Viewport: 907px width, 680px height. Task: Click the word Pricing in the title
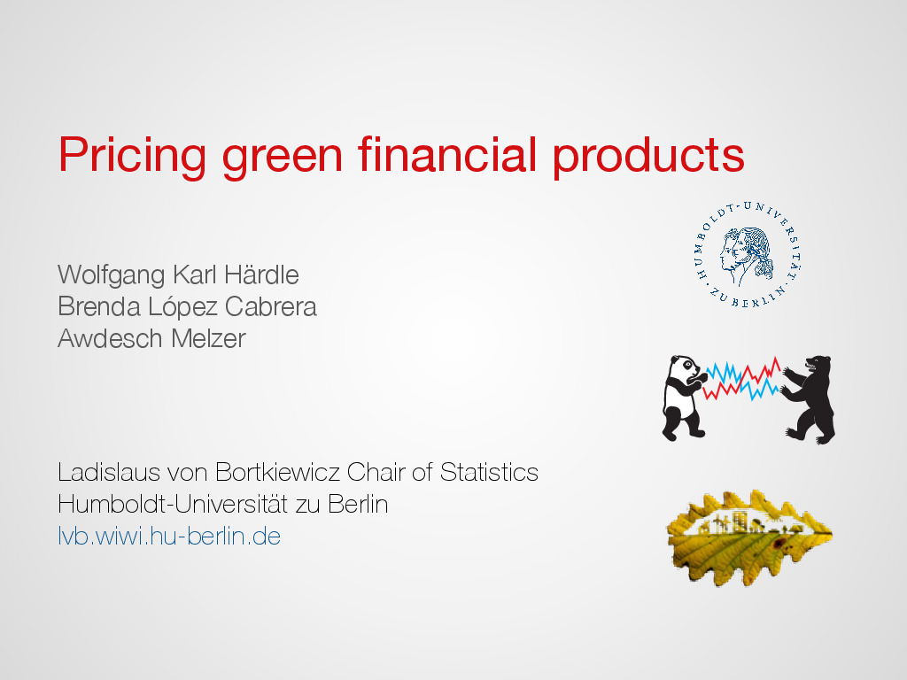[x=132, y=156]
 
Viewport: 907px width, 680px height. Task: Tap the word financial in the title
[x=447, y=154]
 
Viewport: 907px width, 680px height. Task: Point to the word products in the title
[x=647, y=158]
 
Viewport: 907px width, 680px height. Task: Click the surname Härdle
[x=261, y=274]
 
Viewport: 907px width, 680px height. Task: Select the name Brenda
[x=99, y=306]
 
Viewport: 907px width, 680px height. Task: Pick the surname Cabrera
[x=271, y=306]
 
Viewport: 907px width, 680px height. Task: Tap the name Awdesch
[x=111, y=338]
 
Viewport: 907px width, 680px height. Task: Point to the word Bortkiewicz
[x=277, y=472]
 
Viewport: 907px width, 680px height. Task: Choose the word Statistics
[x=489, y=472]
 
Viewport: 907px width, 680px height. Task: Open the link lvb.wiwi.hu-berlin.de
[x=169, y=536]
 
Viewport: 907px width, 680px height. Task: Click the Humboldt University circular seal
[x=748, y=254]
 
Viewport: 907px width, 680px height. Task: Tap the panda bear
[x=684, y=398]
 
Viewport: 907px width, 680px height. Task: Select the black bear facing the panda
[x=810, y=399]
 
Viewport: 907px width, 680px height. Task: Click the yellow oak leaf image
[x=749, y=538]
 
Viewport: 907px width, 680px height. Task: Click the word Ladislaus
[x=109, y=472]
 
